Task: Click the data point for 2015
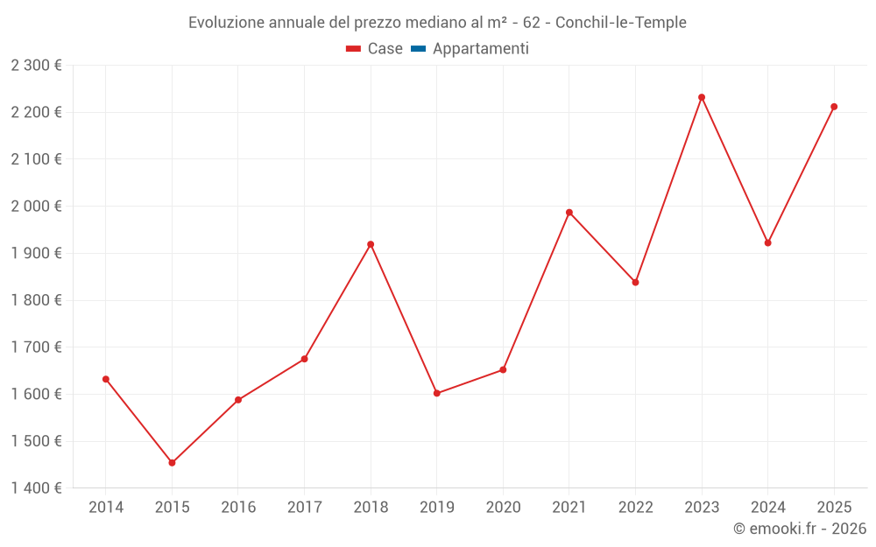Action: click(172, 463)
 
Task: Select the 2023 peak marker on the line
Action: click(702, 97)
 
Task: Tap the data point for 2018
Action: click(371, 244)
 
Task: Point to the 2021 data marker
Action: click(569, 213)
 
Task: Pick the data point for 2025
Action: click(834, 107)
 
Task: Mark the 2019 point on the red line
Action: click(437, 393)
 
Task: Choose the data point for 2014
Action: click(106, 379)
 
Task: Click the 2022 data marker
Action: click(635, 282)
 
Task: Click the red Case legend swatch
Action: click(353, 49)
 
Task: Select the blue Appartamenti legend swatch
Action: click(418, 49)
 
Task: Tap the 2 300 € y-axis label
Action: click(36, 66)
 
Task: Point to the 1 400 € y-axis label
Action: click(36, 488)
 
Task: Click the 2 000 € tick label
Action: click(36, 207)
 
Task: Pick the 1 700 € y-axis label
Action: click(36, 347)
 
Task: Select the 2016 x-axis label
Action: click(238, 508)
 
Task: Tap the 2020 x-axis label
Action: click(503, 508)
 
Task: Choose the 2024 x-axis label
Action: click(767, 508)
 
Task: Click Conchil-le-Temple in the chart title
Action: click(621, 22)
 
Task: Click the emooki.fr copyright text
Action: click(800, 529)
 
